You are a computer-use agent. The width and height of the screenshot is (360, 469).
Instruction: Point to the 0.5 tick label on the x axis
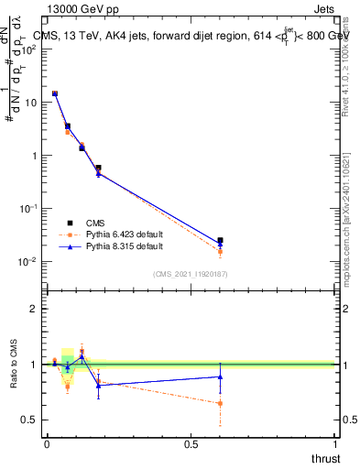pyautogui.click(x=191, y=444)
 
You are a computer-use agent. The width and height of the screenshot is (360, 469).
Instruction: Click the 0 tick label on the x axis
pyautogui.click(x=47, y=444)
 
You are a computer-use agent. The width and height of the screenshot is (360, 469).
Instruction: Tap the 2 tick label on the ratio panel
pyautogui.click(x=34, y=310)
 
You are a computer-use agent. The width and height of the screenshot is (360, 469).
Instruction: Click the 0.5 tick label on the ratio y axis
pyautogui.click(x=29, y=420)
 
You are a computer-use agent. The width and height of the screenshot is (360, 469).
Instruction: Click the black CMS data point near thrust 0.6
pyautogui.click(x=220, y=240)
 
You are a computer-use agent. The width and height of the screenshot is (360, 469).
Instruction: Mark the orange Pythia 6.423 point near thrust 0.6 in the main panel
pyautogui.click(x=220, y=252)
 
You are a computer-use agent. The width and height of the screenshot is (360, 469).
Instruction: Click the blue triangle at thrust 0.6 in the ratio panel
pyautogui.click(x=220, y=376)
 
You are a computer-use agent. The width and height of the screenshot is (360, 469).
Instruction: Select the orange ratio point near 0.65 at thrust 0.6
pyautogui.click(x=220, y=403)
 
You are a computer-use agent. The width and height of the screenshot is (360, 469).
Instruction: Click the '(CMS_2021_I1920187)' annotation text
pyautogui.click(x=191, y=273)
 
